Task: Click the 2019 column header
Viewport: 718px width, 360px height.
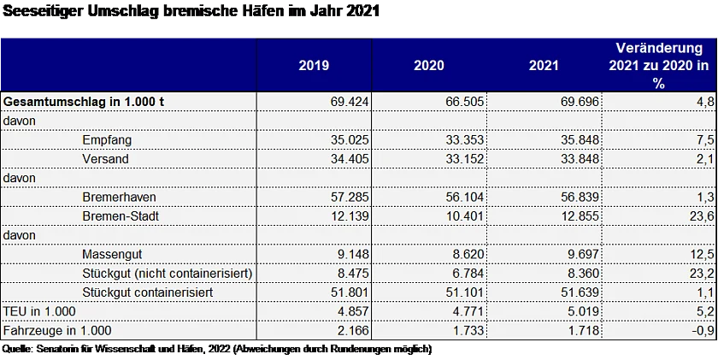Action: [x=314, y=65]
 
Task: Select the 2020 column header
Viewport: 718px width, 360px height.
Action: [x=429, y=65]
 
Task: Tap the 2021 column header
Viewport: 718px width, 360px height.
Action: [x=544, y=65]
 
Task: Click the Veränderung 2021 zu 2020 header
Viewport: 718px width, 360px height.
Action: [x=659, y=65]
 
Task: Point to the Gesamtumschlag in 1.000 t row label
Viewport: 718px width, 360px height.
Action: [x=85, y=101]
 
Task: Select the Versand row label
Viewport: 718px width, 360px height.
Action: [x=106, y=158]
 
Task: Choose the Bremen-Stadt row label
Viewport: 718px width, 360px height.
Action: [x=121, y=215]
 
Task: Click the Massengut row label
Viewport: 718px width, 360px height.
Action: [x=113, y=254]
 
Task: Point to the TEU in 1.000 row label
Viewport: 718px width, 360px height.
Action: [x=38, y=310]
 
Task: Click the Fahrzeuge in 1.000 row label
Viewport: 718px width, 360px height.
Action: [x=57, y=330]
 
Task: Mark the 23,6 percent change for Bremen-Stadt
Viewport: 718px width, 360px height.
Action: [x=703, y=215]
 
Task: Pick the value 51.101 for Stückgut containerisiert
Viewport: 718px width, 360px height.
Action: [x=465, y=292]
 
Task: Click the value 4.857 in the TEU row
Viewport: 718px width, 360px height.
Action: [x=352, y=310]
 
